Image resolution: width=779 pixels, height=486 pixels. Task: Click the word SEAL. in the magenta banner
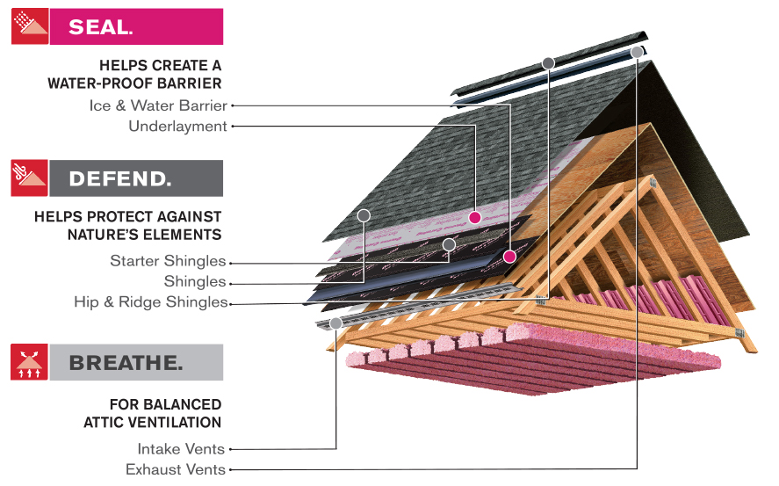point(101,27)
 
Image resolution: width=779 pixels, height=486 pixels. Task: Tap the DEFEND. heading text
point(120,179)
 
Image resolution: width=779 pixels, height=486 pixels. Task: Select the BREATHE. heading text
point(126,363)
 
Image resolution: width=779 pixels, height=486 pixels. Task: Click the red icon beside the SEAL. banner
point(30,26)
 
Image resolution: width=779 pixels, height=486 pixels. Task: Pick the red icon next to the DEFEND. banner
point(30,178)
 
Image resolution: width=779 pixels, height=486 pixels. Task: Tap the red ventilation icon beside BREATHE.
point(29,362)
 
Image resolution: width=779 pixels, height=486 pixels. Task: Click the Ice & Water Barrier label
point(158,105)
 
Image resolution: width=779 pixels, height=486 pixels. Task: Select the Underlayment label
point(178,127)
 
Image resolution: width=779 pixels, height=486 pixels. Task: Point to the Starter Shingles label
point(168,261)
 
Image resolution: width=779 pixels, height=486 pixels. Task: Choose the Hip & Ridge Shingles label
point(150,302)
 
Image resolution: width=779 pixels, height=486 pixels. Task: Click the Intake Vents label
point(181,449)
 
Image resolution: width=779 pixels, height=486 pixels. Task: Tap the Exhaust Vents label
point(176,469)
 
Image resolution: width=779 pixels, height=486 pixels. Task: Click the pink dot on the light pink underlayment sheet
point(475,217)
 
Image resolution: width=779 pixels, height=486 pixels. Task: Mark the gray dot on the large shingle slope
point(364,215)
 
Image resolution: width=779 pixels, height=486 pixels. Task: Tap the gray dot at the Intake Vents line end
point(335,323)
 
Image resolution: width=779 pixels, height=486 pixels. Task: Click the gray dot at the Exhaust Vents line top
point(637,52)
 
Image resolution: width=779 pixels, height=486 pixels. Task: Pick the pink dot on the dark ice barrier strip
point(509,257)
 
